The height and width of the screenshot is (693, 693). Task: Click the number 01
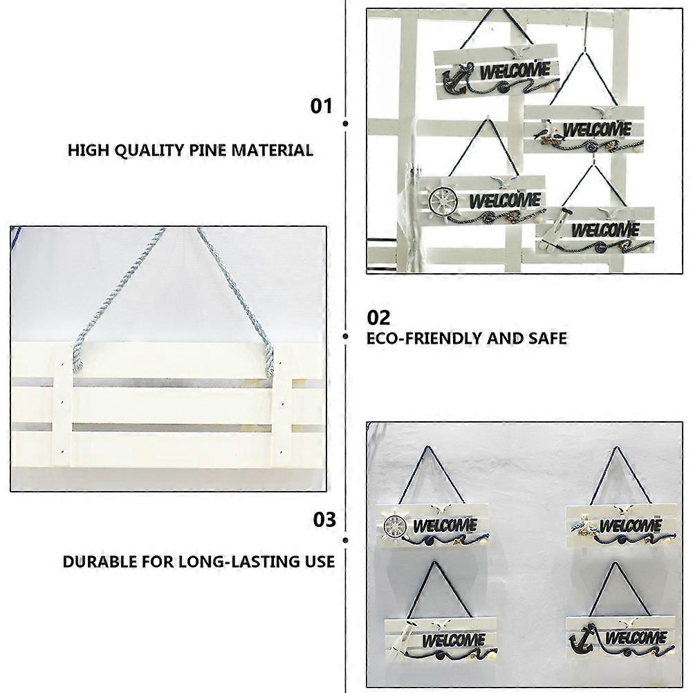point(321,106)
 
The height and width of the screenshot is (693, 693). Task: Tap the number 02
point(379,317)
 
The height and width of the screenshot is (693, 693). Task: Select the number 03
point(324,520)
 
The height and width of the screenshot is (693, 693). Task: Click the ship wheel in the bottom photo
point(395,526)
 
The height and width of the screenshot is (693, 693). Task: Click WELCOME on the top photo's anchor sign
point(515,71)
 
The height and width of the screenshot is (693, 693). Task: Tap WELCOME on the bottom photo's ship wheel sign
point(445,526)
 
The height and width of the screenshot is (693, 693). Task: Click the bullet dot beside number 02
point(346,337)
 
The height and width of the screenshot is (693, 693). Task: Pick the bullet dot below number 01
point(346,124)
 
